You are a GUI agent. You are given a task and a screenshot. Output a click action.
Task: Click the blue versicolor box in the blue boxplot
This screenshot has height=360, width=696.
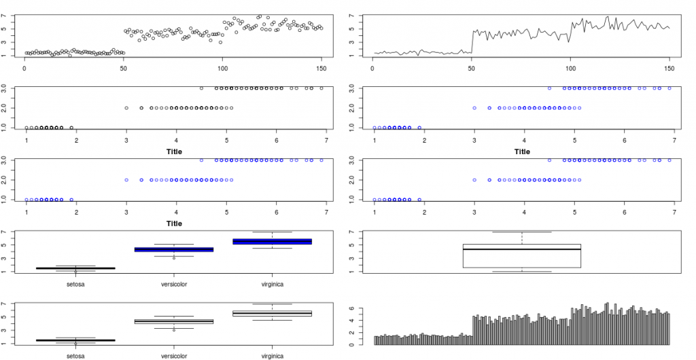(x=173, y=249)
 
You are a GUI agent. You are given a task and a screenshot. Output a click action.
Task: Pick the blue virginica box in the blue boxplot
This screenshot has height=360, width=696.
(x=272, y=241)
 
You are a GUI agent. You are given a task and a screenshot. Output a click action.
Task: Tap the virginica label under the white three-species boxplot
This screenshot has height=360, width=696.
(x=272, y=355)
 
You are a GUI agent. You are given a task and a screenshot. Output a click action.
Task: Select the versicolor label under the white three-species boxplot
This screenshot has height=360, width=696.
(x=173, y=355)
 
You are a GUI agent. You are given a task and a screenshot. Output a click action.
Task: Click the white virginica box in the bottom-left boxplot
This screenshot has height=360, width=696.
(x=272, y=313)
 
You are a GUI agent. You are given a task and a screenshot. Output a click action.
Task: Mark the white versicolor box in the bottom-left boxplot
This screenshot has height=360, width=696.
(x=173, y=321)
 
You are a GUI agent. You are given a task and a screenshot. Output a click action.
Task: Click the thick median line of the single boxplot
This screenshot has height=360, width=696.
(x=522, y=249)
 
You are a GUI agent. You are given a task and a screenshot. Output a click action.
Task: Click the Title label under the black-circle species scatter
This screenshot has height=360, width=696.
(x=174, y=151)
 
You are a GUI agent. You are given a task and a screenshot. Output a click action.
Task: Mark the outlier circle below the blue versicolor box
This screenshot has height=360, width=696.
(x=173, y=258)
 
